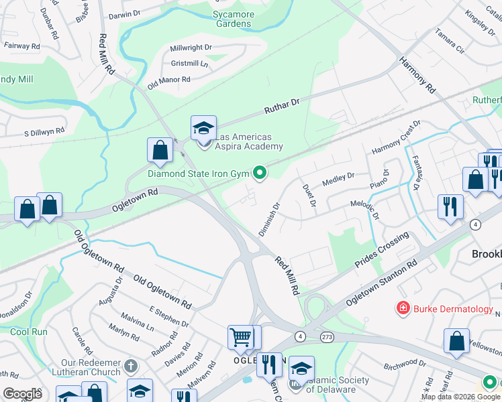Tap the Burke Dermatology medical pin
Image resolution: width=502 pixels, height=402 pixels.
403,309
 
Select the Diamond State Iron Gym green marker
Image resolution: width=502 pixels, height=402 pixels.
260,174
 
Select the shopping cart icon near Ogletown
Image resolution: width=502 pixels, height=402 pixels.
241,338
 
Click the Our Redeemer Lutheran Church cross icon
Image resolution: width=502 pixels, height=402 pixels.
132,366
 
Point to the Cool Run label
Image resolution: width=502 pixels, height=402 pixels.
29,332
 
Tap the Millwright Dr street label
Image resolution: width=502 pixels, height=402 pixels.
191,48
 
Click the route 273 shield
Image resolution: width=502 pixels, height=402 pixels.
327,336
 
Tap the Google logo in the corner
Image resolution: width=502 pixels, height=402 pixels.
22,394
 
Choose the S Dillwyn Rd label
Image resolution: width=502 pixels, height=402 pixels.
44,133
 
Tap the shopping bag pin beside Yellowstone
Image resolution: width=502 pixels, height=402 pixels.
456,341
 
